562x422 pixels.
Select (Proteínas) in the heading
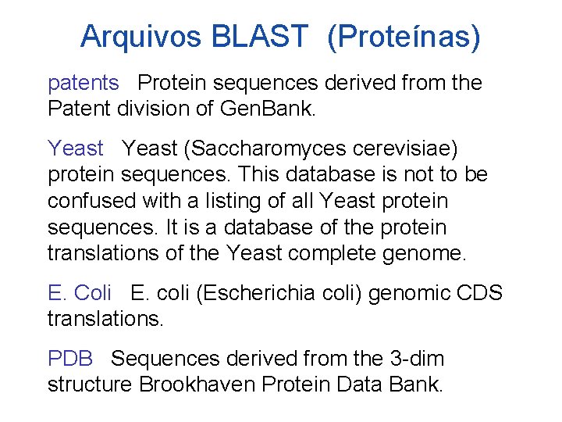(404, 36)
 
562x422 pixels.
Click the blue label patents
(84, 83)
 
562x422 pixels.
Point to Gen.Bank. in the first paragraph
(269, 109)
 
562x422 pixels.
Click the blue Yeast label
(76, 148)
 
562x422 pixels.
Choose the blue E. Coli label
(80, 293)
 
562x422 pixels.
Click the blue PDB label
(70, 359)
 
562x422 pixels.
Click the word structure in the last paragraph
(91, 385)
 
